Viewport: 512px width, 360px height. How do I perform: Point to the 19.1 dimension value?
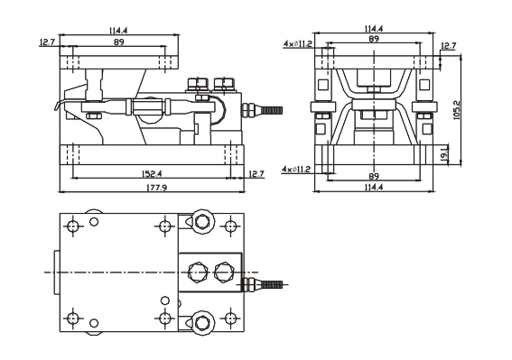click(444, 155)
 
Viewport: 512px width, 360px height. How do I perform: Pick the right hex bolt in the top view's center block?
click(223, 270)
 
